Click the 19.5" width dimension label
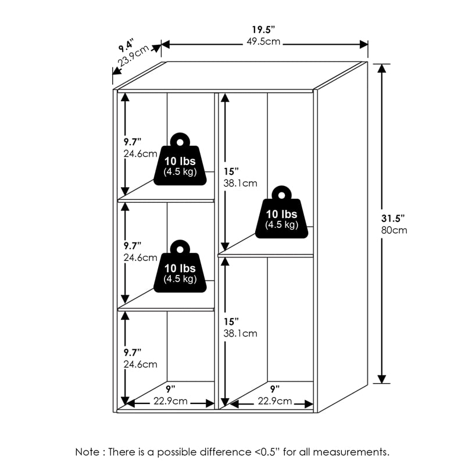pos(264,30)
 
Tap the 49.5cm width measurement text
pos(263,41)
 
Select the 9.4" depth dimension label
pos(126,45)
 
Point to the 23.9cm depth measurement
pos(134,56)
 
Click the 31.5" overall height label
pos(393,219)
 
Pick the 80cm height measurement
pos(394,230)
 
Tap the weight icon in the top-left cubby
pos(180,159)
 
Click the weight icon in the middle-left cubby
pos(180,266)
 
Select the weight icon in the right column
pos(281,212)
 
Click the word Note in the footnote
pos(87,452)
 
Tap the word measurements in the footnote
pos(351,452)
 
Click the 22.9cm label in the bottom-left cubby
pos(170,401)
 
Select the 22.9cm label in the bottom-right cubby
pos(274,401)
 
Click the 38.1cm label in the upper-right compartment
pos(240,183)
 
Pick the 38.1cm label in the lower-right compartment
pos(240,333)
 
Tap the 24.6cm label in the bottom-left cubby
pos(140,364)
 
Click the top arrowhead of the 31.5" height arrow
pos(382,68)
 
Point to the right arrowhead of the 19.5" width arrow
pos(364,45)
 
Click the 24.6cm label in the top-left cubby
pos(140,153)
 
